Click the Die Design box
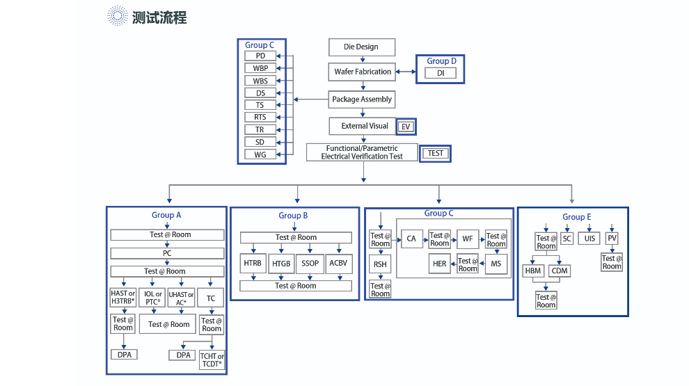click(x=361, y=47)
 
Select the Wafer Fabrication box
click(x=362, y=72)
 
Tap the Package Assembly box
click(x=362, y=99)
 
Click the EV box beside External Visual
click(x=406, y=127)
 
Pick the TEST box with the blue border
click(x=436, y=153)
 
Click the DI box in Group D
click(x=440, y=73)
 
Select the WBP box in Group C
click(x=260, y=68)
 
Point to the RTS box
click(x=260, y=117)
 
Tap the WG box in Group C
click(x=260, y=154)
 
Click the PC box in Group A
click(x=167, y=253)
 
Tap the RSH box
click(x=380, y=265)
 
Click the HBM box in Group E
click(x=532, y=271)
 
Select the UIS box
click(x=590, y=239)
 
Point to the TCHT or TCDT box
click(x=212, y=360)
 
